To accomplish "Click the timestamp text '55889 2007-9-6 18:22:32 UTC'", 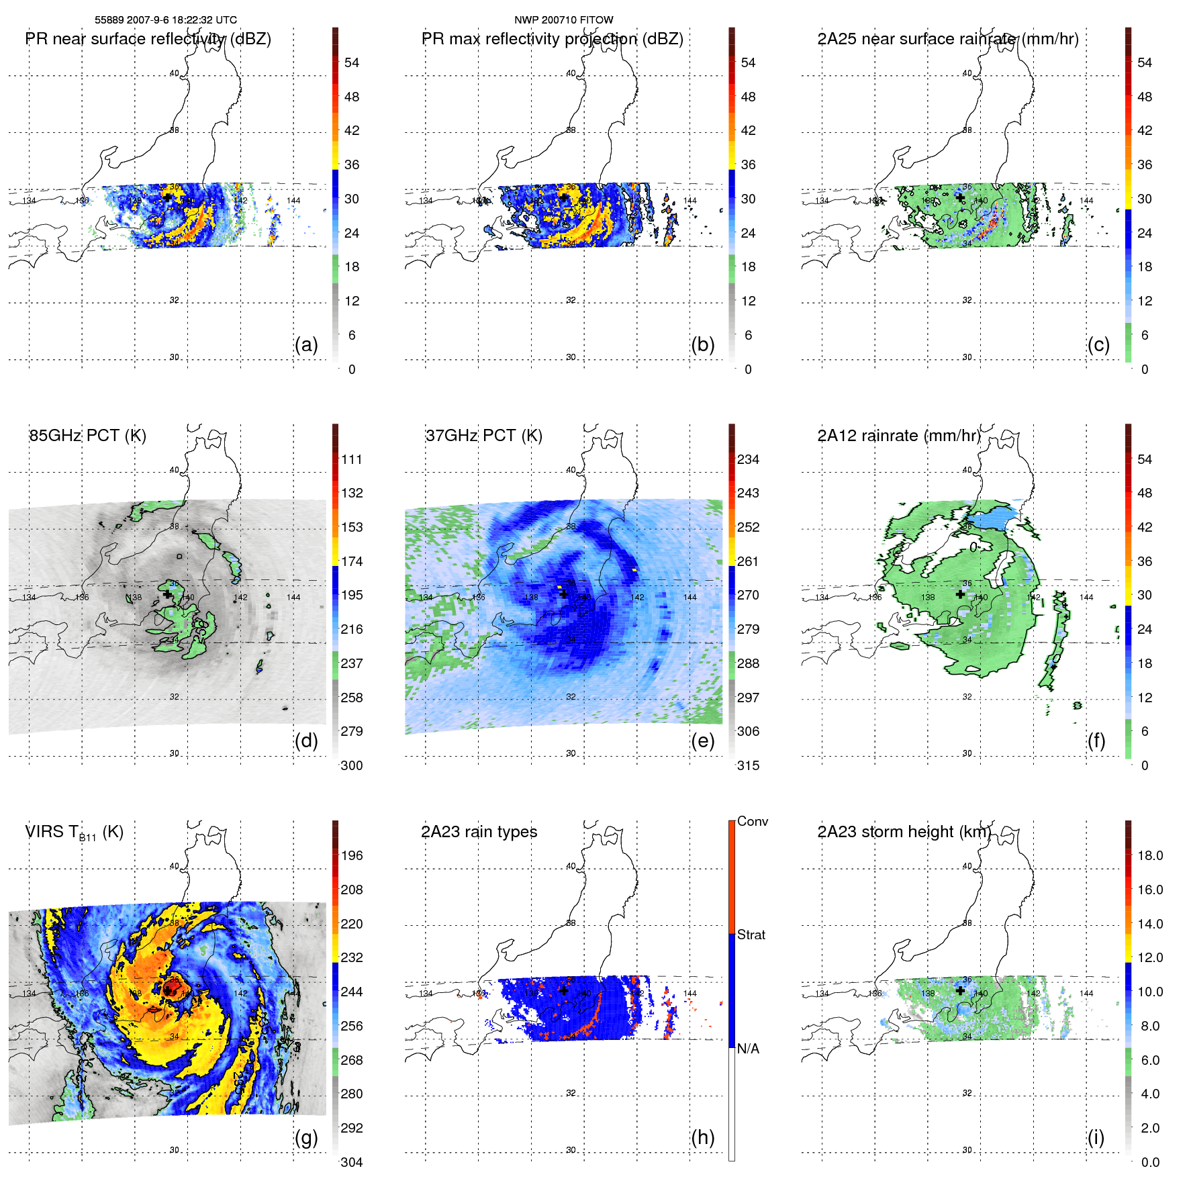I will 165,20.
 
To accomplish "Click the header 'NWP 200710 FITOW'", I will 563,20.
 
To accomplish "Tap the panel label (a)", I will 306,344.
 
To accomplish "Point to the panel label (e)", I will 702,741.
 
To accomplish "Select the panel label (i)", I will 1096,1137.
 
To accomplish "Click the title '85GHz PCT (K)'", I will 87,435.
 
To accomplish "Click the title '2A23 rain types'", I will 479,832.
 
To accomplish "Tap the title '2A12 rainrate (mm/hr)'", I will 899,435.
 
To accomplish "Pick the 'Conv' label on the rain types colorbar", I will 753,821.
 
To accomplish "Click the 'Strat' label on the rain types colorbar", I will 751,935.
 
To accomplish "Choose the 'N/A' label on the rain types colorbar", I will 748,1049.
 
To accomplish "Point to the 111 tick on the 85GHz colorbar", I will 352,459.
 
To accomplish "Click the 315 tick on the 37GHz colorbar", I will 748,765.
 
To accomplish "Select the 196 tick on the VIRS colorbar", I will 352,855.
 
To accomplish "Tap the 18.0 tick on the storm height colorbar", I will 1150,855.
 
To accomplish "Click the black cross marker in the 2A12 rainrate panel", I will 960,594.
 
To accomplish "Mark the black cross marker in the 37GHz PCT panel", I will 564,594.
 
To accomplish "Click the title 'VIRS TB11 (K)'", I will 74,833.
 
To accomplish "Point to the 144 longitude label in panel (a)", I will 293,200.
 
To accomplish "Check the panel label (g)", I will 306,1137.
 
